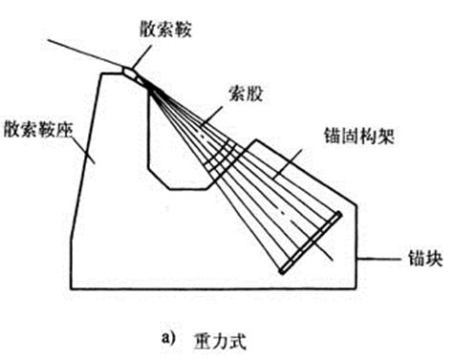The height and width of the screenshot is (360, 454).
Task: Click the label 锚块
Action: (414, 260)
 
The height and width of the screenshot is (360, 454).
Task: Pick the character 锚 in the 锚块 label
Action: (404, 260)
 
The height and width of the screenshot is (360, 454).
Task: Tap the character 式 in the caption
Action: (247, 337)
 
